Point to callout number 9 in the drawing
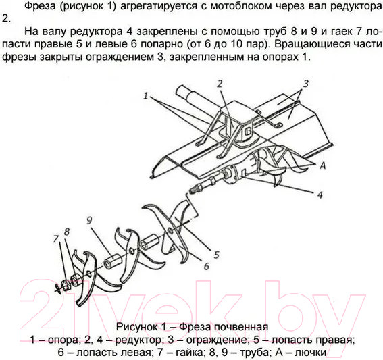click(88, 220)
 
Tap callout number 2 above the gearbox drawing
click(220, 84)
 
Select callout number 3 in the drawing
click(305, 84)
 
